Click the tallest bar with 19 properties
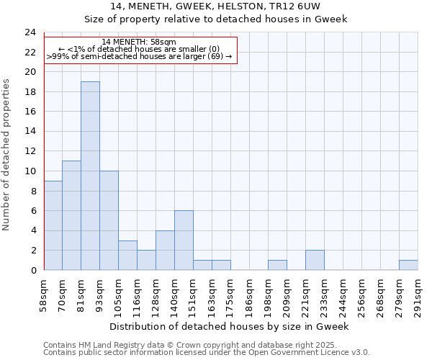click(x=90, y=176)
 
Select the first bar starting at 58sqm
click(x=53, y=225)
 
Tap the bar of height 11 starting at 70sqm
click(x=71, y=215)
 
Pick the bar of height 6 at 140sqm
click(x=184, y=240)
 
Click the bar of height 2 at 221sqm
click(x=315, y=260)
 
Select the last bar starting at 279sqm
click(x=408, y=265)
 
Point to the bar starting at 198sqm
click(x=277, y=265)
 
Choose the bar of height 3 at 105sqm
click(x=127, y=255)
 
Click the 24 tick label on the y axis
click(x=30, y=32)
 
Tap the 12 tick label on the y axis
click(x=30, y=151)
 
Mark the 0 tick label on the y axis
click(x=32, y=270)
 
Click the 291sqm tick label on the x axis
click(x=418, y=296)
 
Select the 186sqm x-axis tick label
click(x=249, y=296)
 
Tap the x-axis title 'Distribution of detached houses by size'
click(x=230, y=326)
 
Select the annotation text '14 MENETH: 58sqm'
click(x=139, y=42)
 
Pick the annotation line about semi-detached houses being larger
click(x=139, y=56)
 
